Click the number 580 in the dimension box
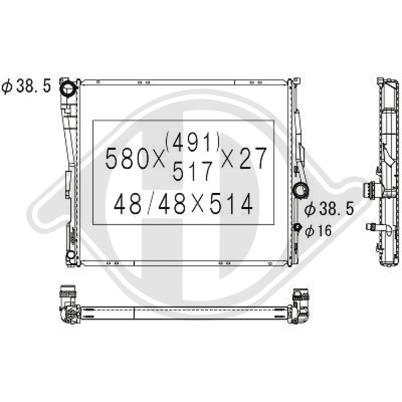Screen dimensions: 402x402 127,159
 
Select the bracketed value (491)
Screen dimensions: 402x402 193,142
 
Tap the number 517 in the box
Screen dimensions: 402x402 193,171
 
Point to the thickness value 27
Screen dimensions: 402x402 253,158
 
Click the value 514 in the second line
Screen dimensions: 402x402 231,204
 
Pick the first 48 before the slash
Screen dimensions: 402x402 127,204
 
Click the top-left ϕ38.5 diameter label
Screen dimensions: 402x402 26,86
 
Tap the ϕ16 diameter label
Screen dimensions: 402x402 318,230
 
